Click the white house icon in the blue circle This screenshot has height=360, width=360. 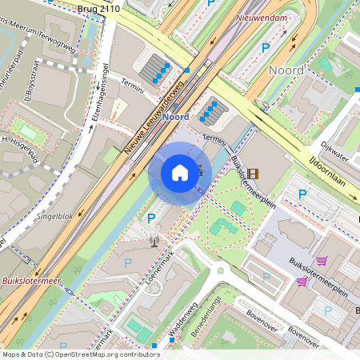coord(179,173)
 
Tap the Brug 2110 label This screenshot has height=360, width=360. coord(98,8)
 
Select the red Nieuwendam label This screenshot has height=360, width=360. coord(262,16)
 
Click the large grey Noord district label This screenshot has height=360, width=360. coord(286,70)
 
